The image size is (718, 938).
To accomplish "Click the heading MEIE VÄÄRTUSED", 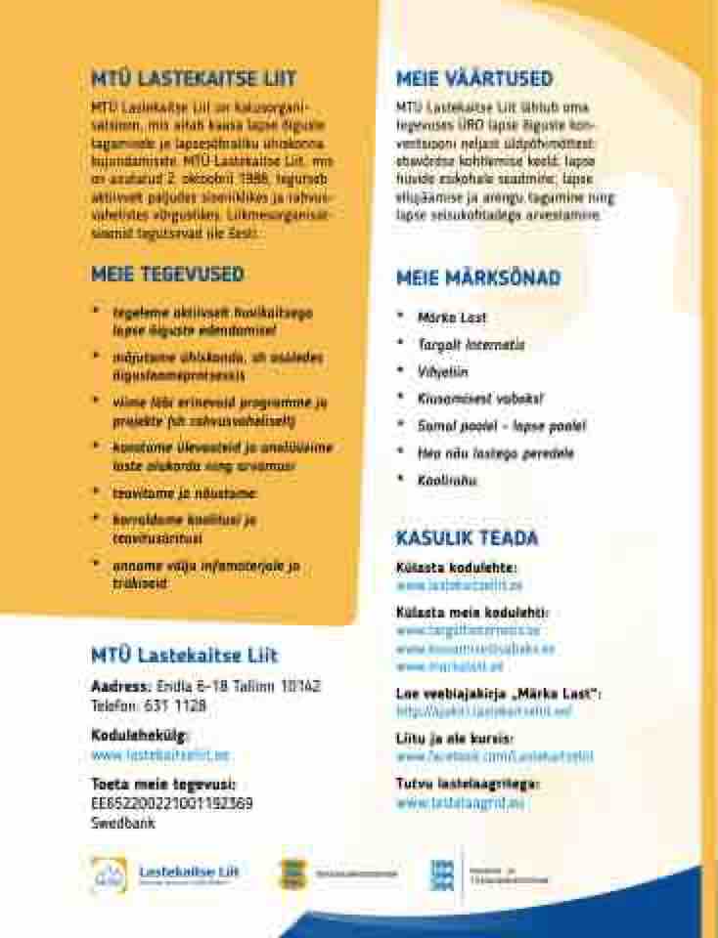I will pyautogui.click(x=474, y=79).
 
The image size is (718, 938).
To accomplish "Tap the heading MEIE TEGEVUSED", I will pyautogui.click(x=167, y=276).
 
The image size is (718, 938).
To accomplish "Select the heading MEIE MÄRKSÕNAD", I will pyautogui.click(x=478, y=278).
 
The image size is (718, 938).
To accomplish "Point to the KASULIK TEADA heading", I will pyautogui.click(x=467, y=538).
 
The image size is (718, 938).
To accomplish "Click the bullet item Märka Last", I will pyautogui.click(x=452, y=318).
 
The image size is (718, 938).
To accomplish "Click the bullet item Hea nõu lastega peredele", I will pyautogui.click(x=495, y=453).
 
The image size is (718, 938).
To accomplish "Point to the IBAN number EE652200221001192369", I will pyautogui.click(x=172, y=804).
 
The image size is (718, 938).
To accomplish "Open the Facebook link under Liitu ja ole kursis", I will pyautogui.click(x=494, y=756).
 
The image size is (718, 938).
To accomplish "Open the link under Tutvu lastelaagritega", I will pyautogui.click(x=461, y=803).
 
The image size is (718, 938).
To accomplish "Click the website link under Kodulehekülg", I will pyautogui.click(x=160, y=755).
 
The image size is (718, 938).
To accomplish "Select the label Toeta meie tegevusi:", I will pyautogui.click(x=163, y=785).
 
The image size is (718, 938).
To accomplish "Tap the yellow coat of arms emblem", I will pyautogui.click(x=292, y=873).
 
